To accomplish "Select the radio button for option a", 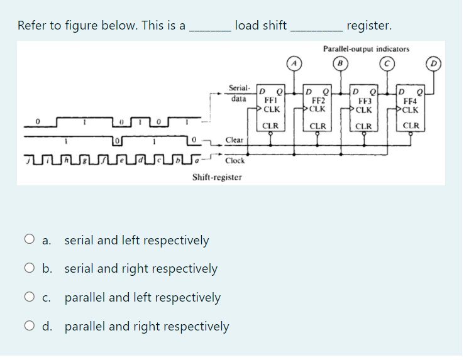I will (x=29, y=239).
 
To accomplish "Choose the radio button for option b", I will (x=29, y=268).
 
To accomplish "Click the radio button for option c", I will (x=29, y=297).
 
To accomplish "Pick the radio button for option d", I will (x=29, y=326).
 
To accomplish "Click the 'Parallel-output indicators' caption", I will (x=366, y=48).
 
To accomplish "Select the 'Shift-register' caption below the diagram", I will (x=217, y=177).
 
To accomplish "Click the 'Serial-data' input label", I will (x=240, y=94).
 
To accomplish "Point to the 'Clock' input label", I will (x=235, y=160).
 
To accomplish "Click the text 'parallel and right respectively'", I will (x=146, y=326).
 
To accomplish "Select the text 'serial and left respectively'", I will (x=136, y=239).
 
